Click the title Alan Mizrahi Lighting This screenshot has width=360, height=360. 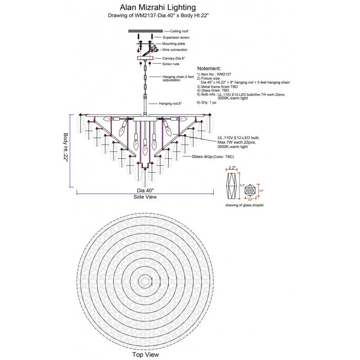coord(157,7)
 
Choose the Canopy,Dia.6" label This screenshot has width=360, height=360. coord(173,58)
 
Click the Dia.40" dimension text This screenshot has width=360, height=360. coord(145,190)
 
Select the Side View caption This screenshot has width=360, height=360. coord(145,197)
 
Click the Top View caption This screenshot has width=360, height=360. coord(145,355)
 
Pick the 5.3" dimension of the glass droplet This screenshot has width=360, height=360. coord(242,185)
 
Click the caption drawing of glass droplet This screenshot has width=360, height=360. coord(244,205)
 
